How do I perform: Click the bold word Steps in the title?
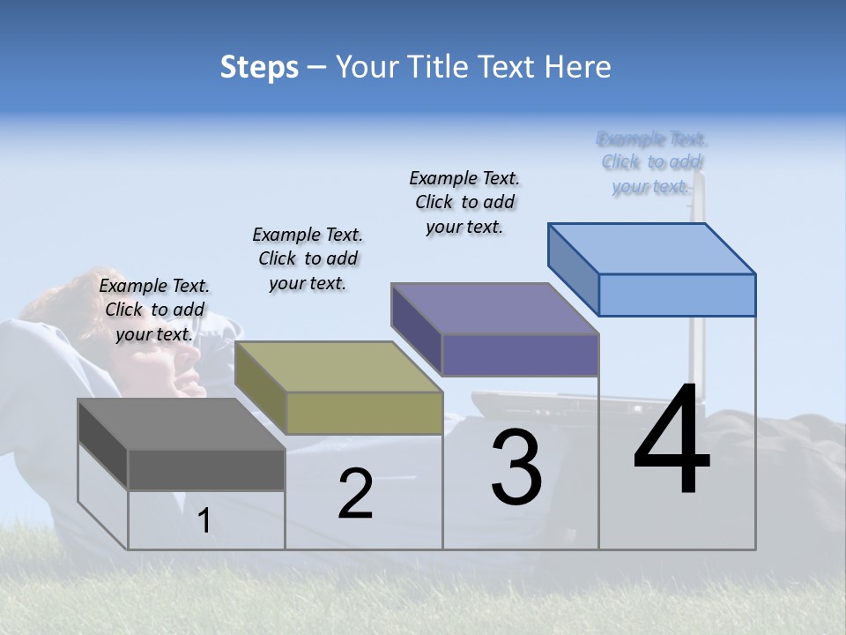pos(259,67)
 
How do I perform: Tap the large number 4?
pos(672,443)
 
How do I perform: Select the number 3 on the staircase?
pos(516,467)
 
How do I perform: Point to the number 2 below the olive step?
pos(355,495)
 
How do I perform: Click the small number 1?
pos(204,520)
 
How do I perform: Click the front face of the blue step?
pos(677,295)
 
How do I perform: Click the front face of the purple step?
pos(520,355)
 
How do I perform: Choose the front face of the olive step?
pos(364,414)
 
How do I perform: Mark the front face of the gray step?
pos(206,470)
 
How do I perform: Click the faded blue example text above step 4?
pos(652,162)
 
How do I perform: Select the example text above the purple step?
pos(464,202)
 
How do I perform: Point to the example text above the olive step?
pos(308,258)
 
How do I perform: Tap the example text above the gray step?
pos(154,310)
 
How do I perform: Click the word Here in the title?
pos(579,67)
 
